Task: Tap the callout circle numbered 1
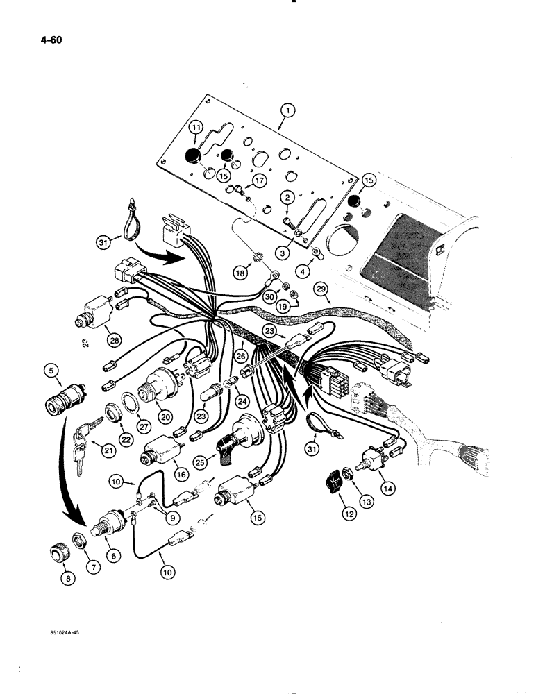point(287,110)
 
